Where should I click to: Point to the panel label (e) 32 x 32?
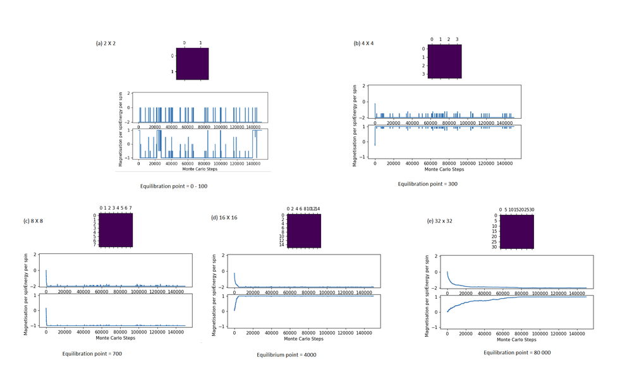click(x=440, y=220)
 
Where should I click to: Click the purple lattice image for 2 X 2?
click(x=192, y=64)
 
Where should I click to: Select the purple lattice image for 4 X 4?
click(x=444, y=61)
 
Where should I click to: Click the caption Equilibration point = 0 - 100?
click(x=174, y=187)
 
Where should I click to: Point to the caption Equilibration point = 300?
click(x=427, y=184)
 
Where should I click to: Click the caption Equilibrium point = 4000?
click(x=286, y=355)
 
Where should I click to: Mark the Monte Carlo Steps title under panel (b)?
click(x=444, y=169)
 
